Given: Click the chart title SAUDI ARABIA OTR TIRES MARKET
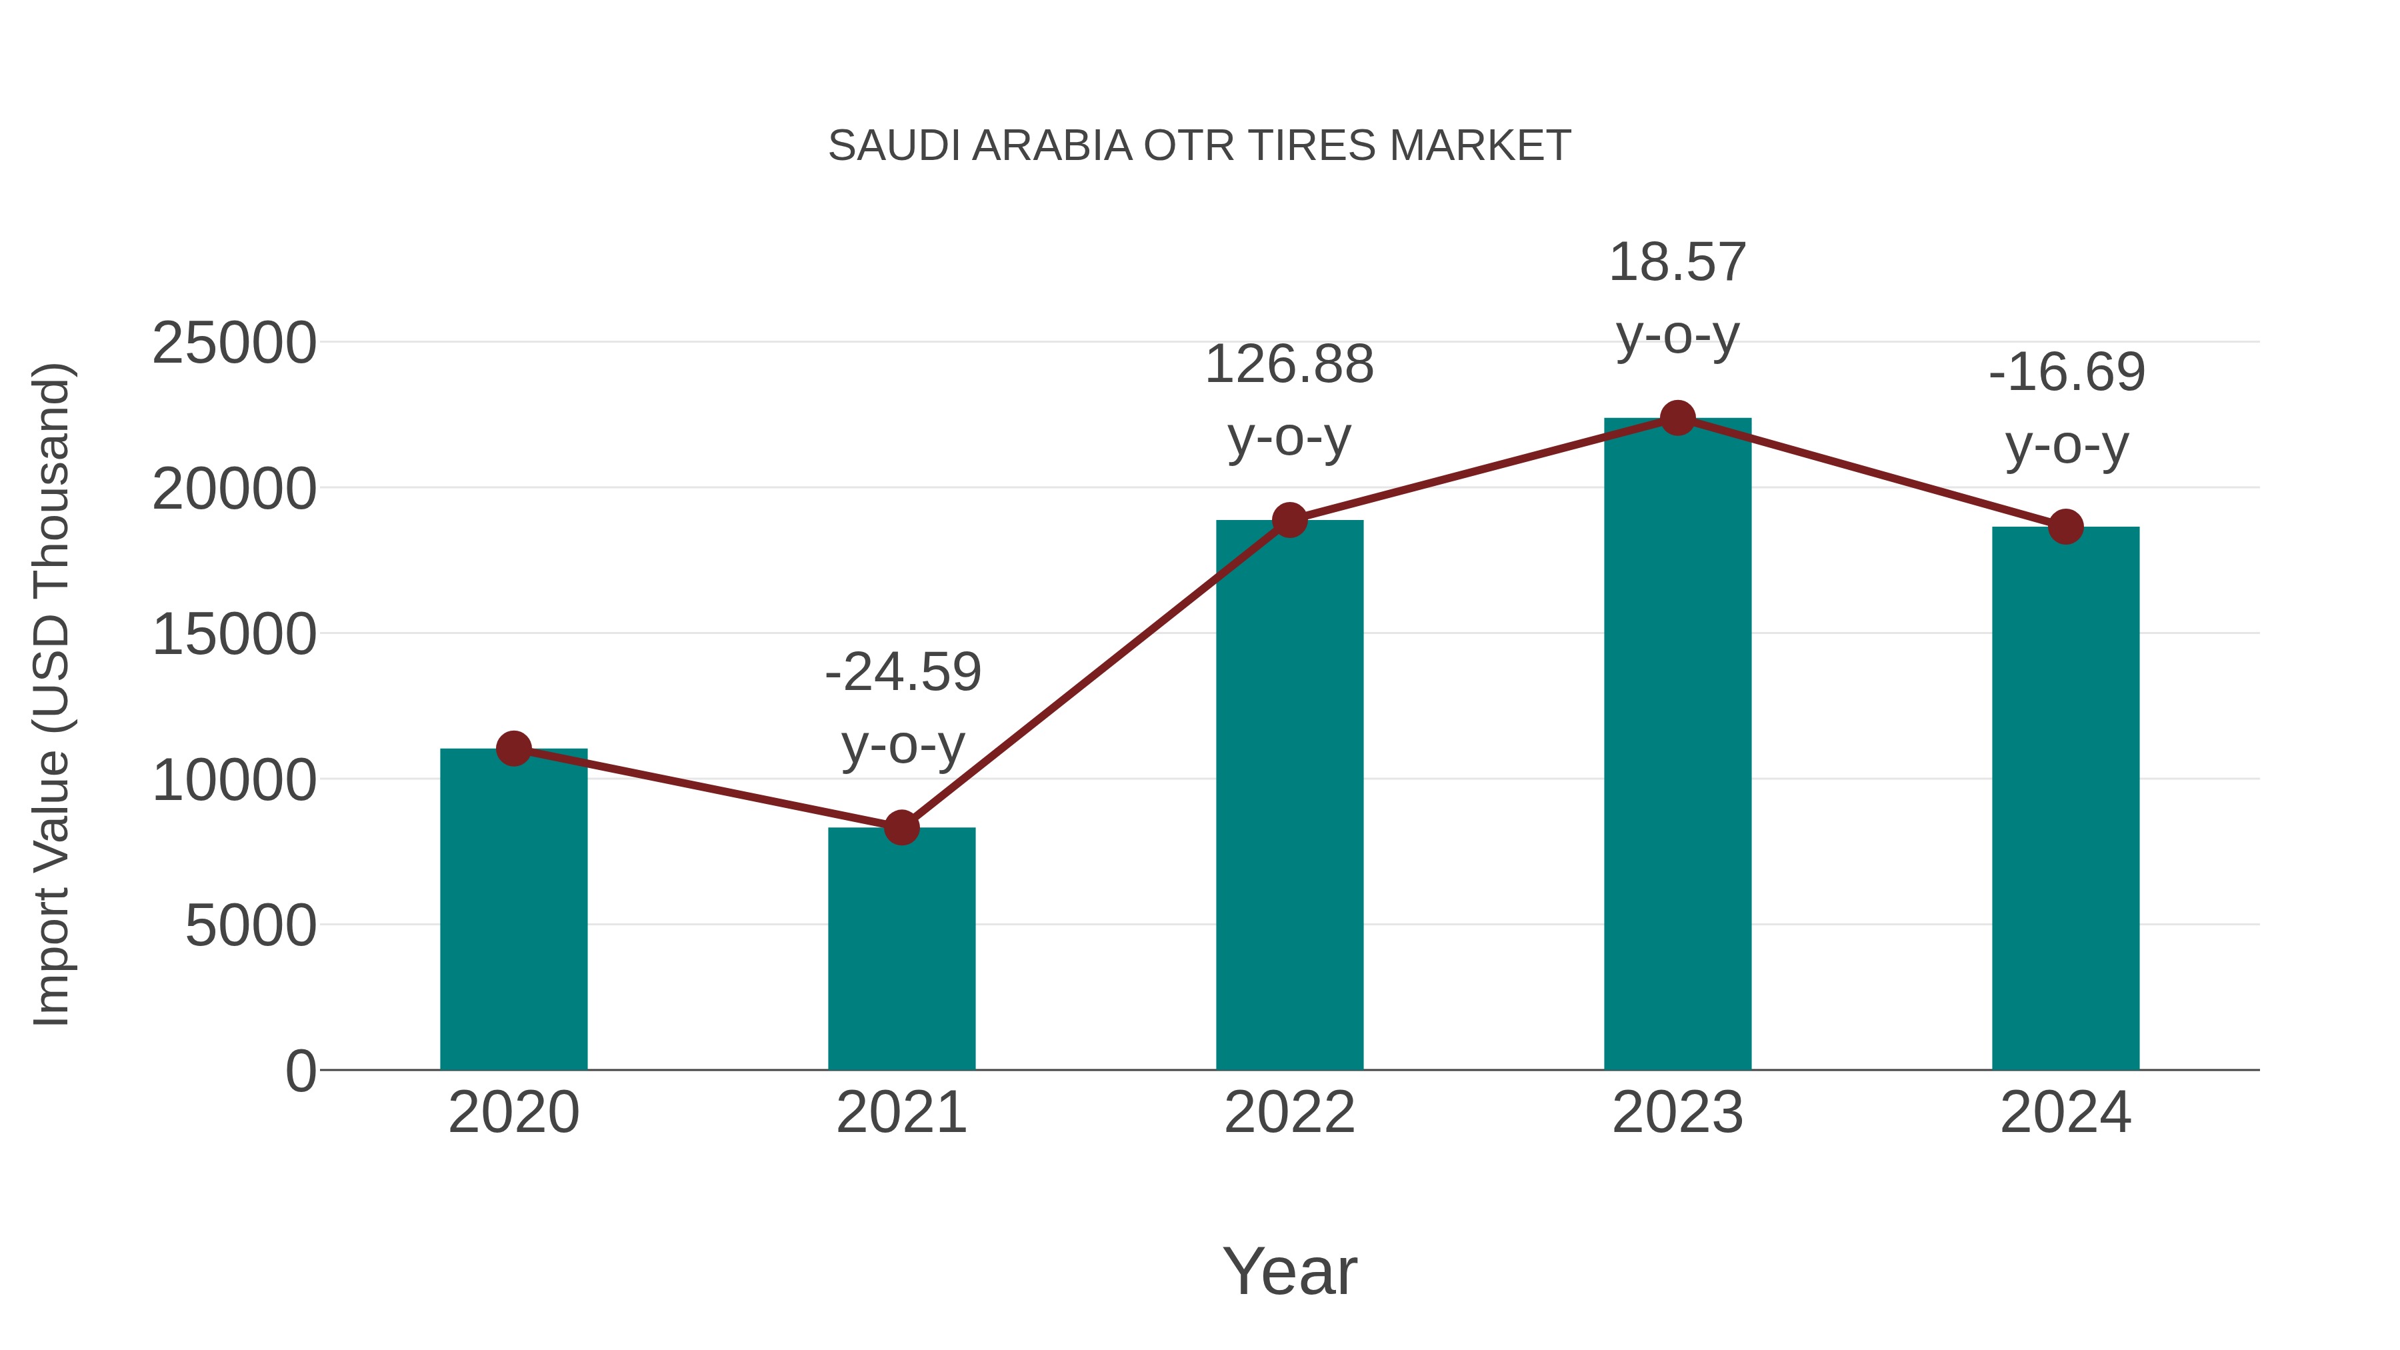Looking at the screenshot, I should click(1199, 146).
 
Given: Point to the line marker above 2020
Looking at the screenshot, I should click(513, 748).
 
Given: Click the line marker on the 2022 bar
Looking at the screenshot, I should click(1289, 520).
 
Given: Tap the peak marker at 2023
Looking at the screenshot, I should click(1677, 418).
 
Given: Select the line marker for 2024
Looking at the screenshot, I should click(2065, 527).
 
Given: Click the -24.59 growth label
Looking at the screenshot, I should click(903, 672).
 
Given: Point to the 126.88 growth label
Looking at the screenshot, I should click(1289, 364).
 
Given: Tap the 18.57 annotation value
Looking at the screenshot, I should click(1677, 263).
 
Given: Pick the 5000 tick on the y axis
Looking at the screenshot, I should click(251, 926).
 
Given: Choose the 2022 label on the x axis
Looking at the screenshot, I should click(1289, 1113).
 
